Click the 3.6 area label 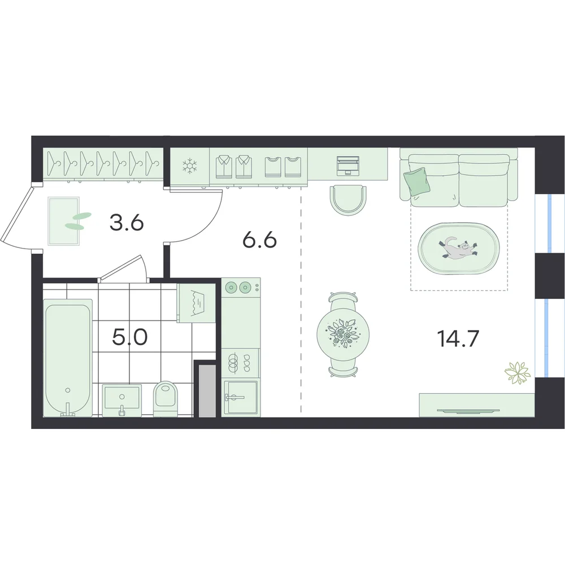127,223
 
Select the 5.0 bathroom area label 130,337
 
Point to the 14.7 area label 458,339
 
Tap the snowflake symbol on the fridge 189,166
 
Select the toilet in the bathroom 166,398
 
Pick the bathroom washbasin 122,400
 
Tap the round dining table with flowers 344,334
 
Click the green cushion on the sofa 418,182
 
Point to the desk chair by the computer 347,201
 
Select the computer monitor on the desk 347,166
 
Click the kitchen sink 241,397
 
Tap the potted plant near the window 518,372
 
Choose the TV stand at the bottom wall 477,405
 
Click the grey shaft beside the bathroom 207,390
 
